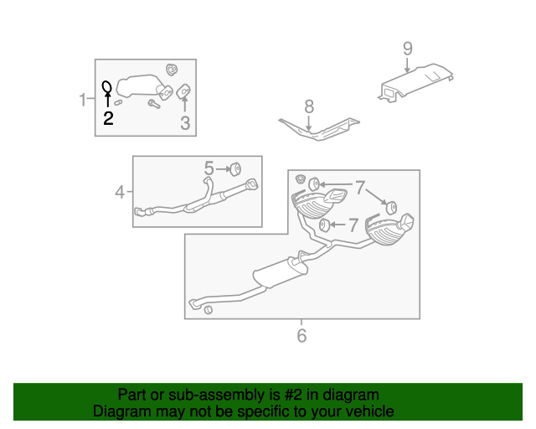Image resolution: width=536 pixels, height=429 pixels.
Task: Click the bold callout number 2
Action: pyautogui.click(x=108, y=118)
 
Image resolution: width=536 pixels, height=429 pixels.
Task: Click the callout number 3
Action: pyautogui.click(x=185, y=124)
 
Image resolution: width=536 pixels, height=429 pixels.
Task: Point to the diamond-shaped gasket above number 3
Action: pyautogui.click(x=184, y=91)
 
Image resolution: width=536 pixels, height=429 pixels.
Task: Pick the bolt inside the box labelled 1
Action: pyautogui.click(x=154, y=104)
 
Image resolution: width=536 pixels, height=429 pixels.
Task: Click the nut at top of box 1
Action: pyautogui.click(x=172, y=68)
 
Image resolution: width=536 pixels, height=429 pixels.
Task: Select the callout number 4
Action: pyautogui.click(x=120, y=193)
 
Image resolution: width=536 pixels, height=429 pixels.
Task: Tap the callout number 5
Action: pyautogui.click(x=209, y=168)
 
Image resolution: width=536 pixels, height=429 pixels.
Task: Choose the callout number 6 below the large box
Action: pyautogui.click(x=301, y=336)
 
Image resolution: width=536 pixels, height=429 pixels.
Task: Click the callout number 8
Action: pyautogui.click(x=308, y=106)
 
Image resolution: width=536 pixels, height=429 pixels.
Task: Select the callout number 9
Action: pyautogui.click(x=407, y=48)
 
